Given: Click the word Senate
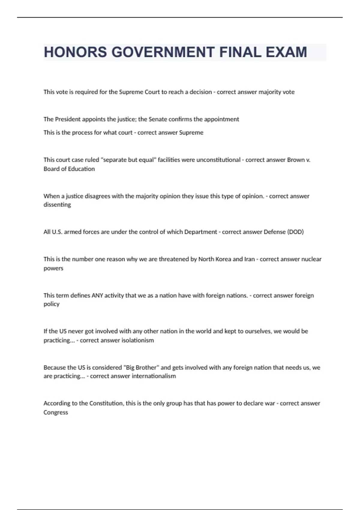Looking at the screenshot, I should point(158,119).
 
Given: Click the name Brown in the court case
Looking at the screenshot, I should point(296,160).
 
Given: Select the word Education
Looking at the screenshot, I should point(80,169).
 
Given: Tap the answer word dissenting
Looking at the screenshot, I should point(57,205).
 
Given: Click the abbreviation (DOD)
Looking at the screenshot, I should point(295,232).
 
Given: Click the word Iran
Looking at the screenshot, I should point(249,259).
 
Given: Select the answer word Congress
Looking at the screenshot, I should point(56,412).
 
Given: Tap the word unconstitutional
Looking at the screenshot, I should point(218,160).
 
